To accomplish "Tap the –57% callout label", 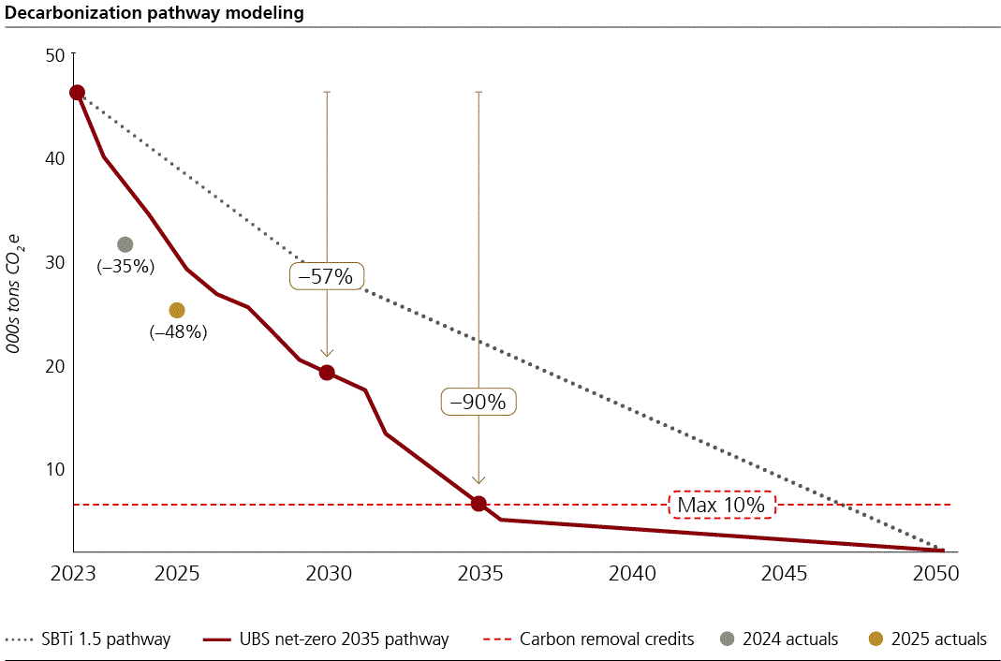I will pos(326,276).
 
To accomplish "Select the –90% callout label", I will pos(478,402).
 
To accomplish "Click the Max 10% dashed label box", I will pos(722,506).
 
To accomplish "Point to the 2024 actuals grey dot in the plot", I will pos(125,244).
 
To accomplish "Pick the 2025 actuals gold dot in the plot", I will pos(177,310).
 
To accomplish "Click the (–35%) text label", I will pos(125,266).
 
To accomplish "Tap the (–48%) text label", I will pos(178,331).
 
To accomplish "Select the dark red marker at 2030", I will pos(327,373).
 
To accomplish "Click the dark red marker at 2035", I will pos(478,504).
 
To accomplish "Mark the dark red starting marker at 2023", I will pos(77,93).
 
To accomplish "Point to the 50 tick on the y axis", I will pos(54,55).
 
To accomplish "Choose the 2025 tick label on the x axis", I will pos(176,573).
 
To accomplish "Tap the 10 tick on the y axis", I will pos(54,469).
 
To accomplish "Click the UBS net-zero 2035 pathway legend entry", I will pos(326,639).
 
